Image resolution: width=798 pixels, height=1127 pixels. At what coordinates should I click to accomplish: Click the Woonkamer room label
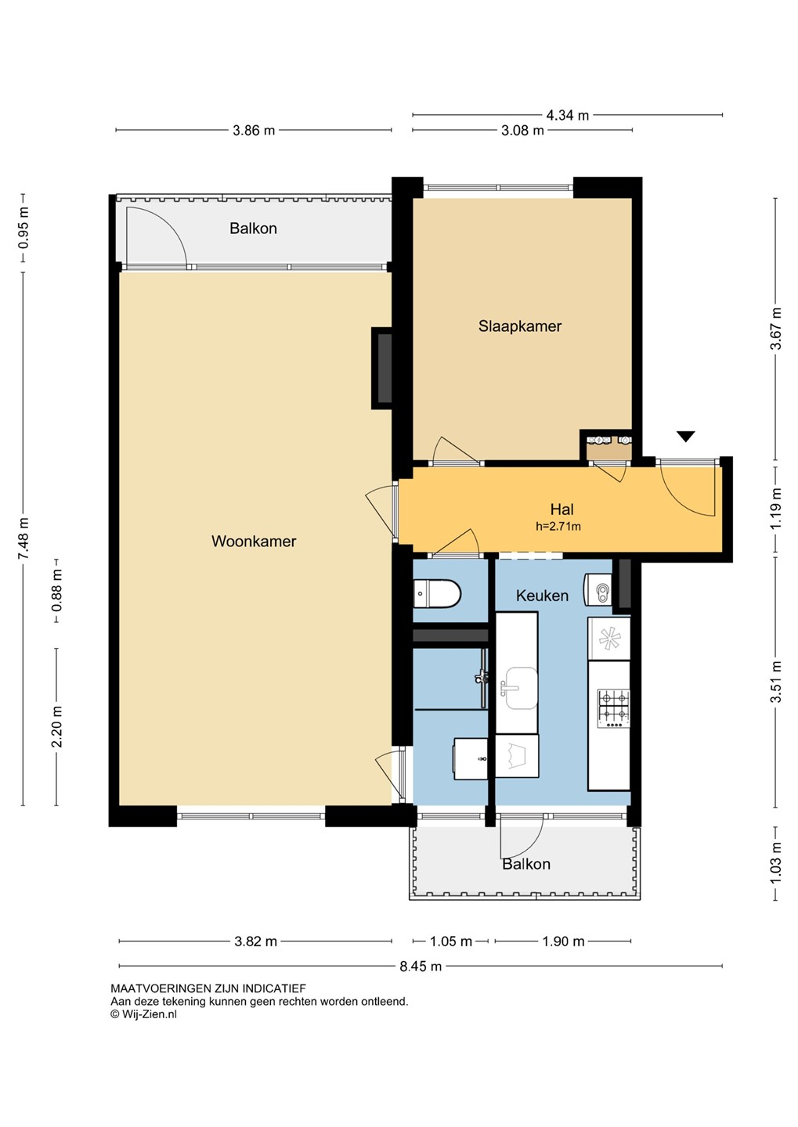(x=254, y=542)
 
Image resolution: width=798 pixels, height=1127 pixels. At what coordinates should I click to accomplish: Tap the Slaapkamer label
(x=519, y=326)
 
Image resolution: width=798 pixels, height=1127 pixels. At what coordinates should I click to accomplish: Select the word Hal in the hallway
(x=561, y=509)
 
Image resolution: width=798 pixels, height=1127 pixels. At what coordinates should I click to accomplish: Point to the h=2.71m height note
(x=558, y=527)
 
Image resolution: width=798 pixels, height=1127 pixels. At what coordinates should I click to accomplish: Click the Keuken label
(x=542, y=596)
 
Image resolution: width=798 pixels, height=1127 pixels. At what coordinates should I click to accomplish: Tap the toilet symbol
(x=437, y=593)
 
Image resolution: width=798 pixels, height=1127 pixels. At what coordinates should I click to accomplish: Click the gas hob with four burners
(x=613, y=708)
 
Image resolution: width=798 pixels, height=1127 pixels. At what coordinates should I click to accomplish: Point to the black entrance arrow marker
(x=685, y=436)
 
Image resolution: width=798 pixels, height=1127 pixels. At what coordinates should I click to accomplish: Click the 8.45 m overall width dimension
(x=421, y=966)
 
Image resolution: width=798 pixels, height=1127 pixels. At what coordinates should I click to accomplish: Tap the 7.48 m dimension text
(x=24, y=538)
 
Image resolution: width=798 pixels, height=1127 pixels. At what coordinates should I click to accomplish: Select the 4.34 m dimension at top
(x=568, y=115)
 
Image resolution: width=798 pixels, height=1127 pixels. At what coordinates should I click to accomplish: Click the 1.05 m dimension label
(x=451, y=941)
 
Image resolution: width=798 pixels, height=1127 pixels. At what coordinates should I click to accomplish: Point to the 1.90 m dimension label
(x=563, y=941)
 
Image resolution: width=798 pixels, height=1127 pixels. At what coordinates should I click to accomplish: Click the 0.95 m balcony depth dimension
(x=24, y=229)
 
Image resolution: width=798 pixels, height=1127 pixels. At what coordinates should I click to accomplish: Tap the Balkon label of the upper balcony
(x=253, y=229)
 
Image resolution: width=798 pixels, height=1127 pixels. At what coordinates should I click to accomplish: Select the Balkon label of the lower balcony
(x=526, y=864)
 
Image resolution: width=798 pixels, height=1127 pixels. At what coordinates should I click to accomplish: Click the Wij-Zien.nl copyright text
(x=143, y=1014)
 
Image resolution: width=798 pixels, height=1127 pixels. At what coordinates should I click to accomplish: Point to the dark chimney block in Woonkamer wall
(x=382, y=369)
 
